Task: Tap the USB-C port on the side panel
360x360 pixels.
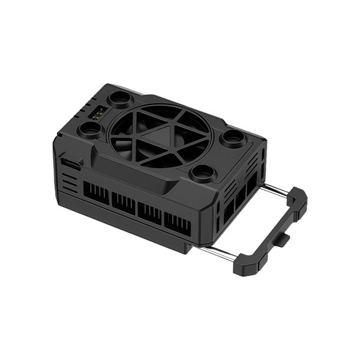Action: click(71, 164)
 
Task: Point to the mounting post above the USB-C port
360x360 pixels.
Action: click(90, 131)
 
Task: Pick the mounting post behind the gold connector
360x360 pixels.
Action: click(117, 99)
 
